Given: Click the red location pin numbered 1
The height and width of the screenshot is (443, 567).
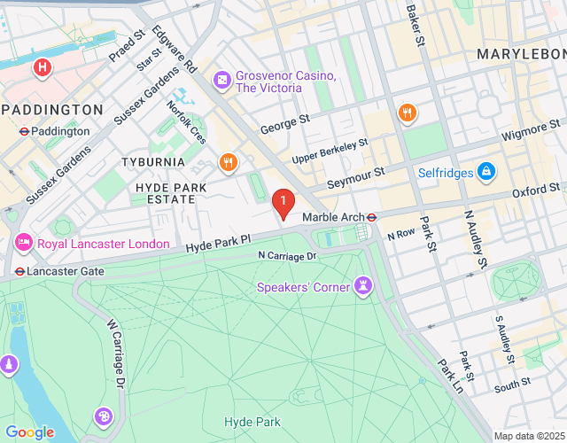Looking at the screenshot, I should coord(283,205).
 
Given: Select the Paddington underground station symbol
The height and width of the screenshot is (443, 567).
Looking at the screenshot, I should coord(23,131).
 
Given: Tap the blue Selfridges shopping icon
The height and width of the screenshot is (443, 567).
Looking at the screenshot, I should coord(485,171).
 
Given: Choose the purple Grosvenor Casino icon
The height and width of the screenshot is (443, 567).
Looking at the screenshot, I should coord(221,82).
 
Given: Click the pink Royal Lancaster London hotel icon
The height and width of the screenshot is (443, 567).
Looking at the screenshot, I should coord(23,242).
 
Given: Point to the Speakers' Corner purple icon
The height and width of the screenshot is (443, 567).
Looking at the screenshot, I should coord(363,285).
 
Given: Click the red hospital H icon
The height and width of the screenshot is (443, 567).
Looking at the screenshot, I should coord(41,67).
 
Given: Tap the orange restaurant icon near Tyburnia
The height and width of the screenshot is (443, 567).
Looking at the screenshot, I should coord(228,162).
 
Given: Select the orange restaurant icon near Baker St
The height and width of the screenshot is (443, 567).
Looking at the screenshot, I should coord(408,113).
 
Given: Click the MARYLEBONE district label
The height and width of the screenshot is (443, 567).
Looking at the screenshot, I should coord(521,55).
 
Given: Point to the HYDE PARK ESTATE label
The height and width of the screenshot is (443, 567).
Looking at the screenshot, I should coord(165,193).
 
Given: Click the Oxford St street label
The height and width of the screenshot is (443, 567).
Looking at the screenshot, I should coord(536,190).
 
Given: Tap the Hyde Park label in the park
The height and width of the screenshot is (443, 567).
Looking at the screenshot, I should coord(252,422).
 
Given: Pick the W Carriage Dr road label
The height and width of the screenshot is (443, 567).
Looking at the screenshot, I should coord(114,354).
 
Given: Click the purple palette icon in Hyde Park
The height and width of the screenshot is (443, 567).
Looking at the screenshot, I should coord(104,416).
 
